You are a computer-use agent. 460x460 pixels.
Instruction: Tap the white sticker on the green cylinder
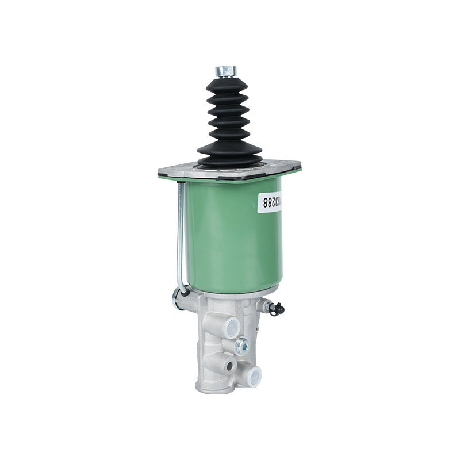coord(268,203)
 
